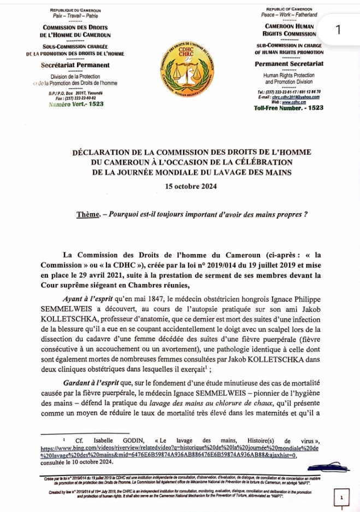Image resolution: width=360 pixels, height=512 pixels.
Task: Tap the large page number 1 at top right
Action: [339, 31]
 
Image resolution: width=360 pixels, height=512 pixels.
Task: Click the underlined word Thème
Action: [87, 214]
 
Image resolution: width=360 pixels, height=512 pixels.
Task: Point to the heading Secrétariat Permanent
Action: [75, 65]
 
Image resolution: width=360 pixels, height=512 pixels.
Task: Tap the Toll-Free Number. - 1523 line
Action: [289, 108]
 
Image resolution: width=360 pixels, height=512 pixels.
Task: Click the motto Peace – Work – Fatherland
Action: [289, 15]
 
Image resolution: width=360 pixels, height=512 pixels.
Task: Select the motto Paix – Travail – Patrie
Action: [75, 16]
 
